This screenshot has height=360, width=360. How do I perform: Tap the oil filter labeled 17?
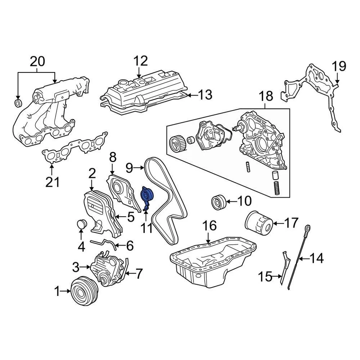pyautogui.click(x=259, y=223)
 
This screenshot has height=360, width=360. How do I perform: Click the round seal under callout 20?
pyautogui.click(x=18, y=103)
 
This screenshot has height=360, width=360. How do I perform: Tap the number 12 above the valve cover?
pyautogui.click(x=141, y=61)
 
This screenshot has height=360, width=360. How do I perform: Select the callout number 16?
pyautogui.click(x=210, y=225)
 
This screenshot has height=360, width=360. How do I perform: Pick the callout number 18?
pyautogui.click(x=266, y=96)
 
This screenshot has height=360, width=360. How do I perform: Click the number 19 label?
pyautogui.click(x=339, y=66)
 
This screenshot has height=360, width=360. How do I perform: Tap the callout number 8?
pyautogui.click(x=112, y=158)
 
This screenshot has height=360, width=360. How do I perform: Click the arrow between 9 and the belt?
pyautogui.click(x=139, y=168)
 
